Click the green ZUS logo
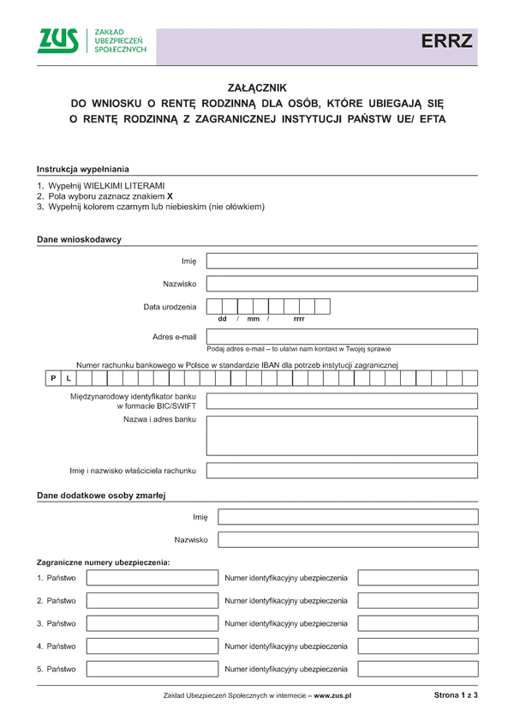pos(57,40)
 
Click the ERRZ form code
pos(445,41)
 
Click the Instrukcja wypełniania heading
pos(83,169)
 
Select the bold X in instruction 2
pos(170,196)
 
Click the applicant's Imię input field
pos(342,261)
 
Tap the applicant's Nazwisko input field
pos(342,284)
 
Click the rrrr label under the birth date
pos(299,319)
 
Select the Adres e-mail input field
pos(342,337)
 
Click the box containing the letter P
pos(53,378)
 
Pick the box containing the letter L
pos(69,378)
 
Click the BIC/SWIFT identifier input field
pos(342,401)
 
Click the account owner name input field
pos(342,471)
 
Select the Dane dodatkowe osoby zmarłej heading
pos(101,496)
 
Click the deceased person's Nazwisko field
pos(348,540)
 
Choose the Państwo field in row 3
pos(152,623)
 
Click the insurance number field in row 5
pos(417,669)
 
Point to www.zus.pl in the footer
pos(334,695)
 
